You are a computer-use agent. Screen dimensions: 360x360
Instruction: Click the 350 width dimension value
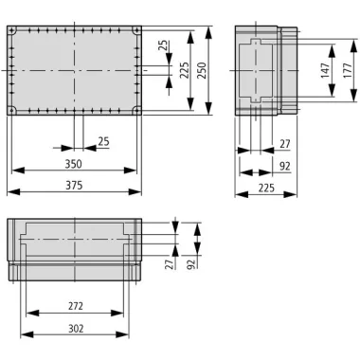[x=73, y=164]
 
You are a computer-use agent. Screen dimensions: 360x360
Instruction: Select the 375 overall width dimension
[x=73, y=186]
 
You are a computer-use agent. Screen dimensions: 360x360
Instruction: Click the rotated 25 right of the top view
[x=164, y=45]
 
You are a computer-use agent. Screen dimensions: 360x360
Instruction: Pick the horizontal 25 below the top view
[x=103, y=141]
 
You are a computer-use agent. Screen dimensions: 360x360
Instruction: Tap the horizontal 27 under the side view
[x=284, y=144]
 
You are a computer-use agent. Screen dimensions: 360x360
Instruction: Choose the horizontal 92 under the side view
[x=284, y=166]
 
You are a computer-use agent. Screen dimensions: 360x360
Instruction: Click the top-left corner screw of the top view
[x=12, y=31]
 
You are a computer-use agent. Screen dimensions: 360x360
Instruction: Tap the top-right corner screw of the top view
[x=136, y=31]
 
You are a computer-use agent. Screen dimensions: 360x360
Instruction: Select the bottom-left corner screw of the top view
[x=12, y=111]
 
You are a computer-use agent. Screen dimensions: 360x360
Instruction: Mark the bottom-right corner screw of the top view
[x=136, y=111]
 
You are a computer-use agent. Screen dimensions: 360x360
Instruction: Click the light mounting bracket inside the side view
[x=254, y=71]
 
